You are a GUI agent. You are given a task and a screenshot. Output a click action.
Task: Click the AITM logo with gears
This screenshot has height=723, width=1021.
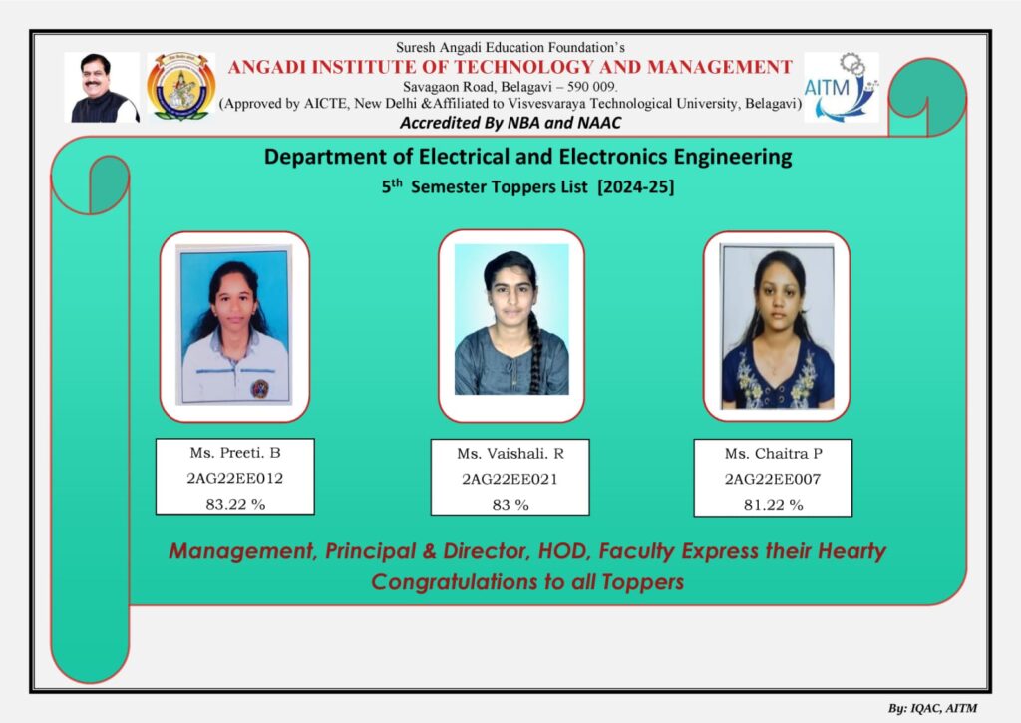[x=842, y=88]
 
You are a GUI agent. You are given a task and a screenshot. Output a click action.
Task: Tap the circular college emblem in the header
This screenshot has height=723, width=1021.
[x=181, y=87]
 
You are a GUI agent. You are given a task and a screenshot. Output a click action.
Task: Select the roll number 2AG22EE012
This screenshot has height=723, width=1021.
[x=235, y=478]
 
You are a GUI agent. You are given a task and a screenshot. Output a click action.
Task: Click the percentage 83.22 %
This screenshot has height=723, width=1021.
[x=235, y=505]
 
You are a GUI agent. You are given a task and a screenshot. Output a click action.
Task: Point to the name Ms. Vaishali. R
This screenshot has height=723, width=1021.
[x=510, y=454]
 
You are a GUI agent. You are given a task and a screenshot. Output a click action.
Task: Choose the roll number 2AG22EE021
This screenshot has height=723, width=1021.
[x=510, y=480]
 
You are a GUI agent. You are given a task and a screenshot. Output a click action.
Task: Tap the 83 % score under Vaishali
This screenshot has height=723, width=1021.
[x=510, y=505]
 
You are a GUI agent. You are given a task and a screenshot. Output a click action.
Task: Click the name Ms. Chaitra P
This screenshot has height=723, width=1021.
[x=774, y=454]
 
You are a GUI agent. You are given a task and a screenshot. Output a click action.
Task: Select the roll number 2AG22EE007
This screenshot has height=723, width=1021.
[x=773, y=480]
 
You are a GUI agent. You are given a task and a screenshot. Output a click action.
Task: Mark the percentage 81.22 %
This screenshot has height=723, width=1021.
[x=774, y=505]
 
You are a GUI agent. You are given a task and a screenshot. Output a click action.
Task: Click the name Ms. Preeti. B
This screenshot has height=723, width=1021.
[x=235, y=453]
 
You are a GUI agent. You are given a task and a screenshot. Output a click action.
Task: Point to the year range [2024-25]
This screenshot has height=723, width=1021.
[x=636, y=186]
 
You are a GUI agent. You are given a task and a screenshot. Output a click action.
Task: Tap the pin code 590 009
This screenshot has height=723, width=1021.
[x=591, y=86]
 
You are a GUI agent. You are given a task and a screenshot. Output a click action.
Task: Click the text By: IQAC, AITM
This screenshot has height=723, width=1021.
[x=932, y=708]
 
